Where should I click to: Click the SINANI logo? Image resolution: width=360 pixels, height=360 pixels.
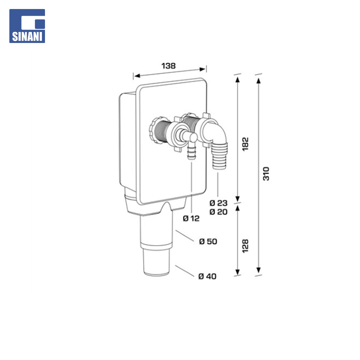click(27, 26)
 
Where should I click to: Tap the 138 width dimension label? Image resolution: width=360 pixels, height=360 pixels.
click(169, 66)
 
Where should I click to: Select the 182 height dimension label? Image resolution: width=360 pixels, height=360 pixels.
click(245, 144)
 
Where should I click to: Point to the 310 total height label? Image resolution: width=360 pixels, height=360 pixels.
click(266, 174)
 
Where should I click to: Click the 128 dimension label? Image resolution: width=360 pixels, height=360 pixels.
click(245, 246)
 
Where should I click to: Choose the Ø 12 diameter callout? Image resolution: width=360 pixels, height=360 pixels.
click(191, 218)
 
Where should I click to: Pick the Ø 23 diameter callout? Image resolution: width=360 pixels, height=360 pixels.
click(218, 203)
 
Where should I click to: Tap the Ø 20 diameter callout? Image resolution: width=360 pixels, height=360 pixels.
click(218, 212)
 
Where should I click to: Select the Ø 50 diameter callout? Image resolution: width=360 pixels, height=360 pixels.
click(208, 242)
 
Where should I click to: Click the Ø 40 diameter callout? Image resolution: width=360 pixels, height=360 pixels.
click(207, 276)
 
